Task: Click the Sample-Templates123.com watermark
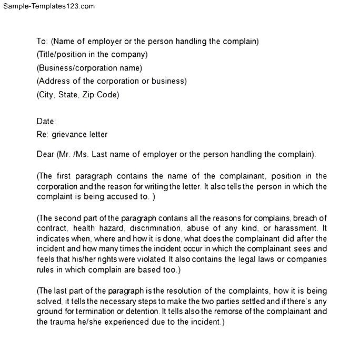48,6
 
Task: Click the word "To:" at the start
43,41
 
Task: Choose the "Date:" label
46,121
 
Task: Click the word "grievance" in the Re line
68,134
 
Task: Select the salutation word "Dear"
45,154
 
